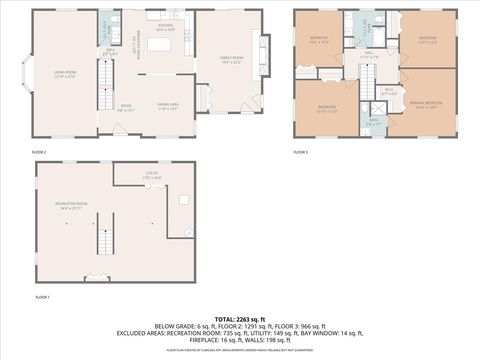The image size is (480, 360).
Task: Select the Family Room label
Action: click(232, 59)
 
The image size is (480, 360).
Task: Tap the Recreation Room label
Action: click(69, 206)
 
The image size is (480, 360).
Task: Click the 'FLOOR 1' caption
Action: click(42, 297)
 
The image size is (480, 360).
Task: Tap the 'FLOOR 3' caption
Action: click(300, 152)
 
